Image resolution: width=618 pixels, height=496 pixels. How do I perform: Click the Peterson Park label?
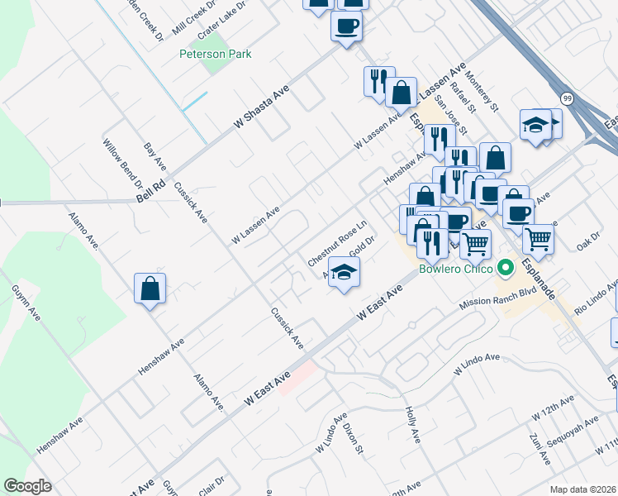coord(216,54)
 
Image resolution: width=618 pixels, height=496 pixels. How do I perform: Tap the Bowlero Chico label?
coord(456,269)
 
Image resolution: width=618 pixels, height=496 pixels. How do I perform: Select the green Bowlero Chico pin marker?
coord(504,268)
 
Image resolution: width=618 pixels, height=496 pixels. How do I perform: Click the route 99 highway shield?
coord(567,98)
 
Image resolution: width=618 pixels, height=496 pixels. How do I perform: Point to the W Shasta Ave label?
coord(264,107)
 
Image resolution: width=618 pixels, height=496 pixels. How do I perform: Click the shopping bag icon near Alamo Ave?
coord(150,289)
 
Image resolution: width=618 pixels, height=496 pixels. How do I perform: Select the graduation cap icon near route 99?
coord(535,126)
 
